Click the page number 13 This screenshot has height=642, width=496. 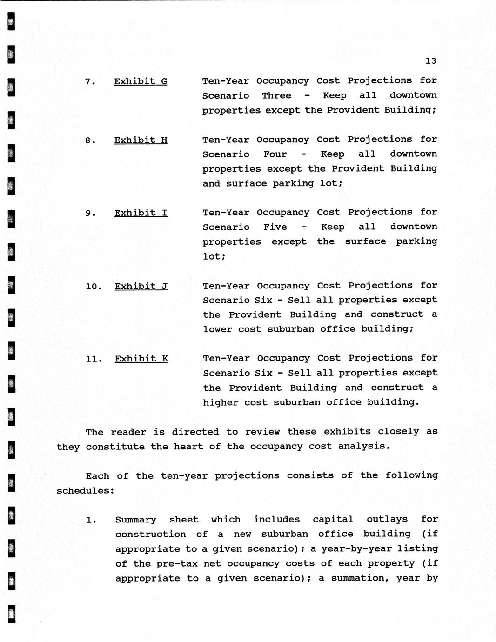tap(430, 61)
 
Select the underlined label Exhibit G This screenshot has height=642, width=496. tap(141, 81)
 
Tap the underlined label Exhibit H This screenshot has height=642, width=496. tap(141, 140)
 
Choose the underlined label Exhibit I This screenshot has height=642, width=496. tap(141, 213)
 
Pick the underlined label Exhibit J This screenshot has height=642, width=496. tap(141, 286)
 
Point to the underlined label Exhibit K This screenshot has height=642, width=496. tap(141, 359)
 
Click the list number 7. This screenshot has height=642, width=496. tap(90, 82)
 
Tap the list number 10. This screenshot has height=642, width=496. tap(94, 287)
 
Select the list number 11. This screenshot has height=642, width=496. tap(94, 359)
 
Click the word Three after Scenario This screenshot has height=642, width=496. tap(276, 95)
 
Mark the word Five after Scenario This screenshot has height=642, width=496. tap(275, 227)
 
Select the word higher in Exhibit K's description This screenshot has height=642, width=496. tap(221, 402)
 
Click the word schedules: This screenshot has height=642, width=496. tap(86, 491)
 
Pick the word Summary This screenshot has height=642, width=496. tap(135, 520)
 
